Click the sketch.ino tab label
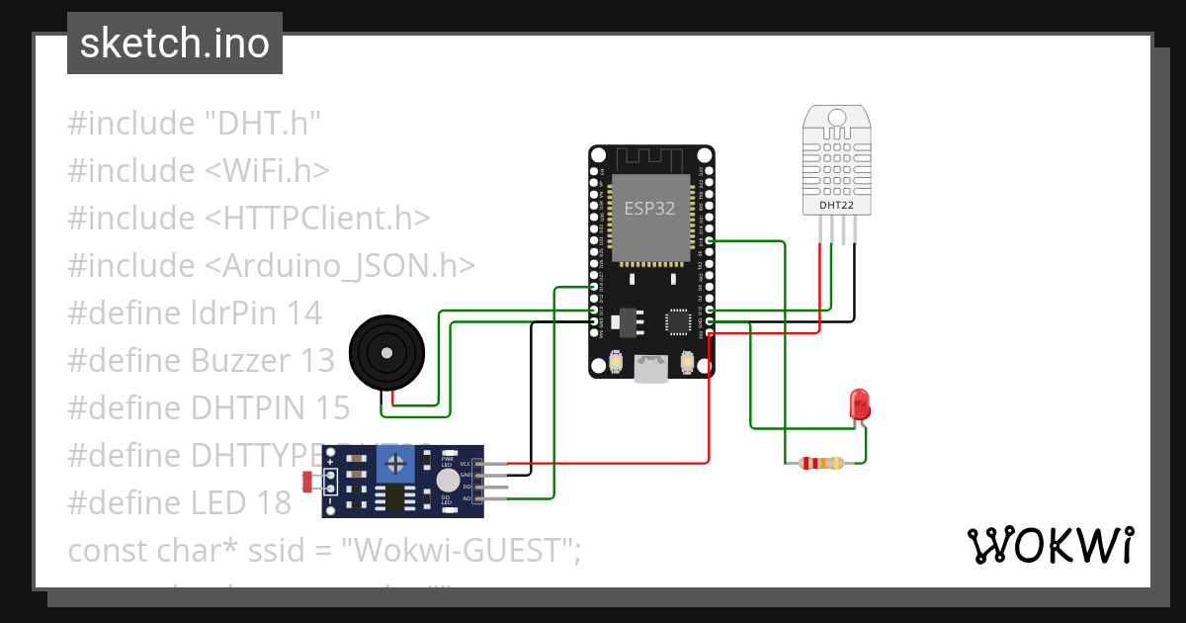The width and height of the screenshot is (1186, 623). point(174,44)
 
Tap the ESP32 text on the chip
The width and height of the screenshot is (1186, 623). point(650,208)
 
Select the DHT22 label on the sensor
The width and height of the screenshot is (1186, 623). point(837,206)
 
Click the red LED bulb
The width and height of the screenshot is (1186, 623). point(860,402)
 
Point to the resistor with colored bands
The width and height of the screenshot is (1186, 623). point(821,463)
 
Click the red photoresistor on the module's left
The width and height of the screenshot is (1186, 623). point(307,482)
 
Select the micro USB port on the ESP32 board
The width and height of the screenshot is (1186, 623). point(650,369)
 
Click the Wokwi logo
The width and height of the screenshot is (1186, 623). point(1050,545)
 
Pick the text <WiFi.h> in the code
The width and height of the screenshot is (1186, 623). point(267,171)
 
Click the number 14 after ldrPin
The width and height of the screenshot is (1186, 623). point(303,313)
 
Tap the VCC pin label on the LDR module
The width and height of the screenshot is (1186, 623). point(465,463)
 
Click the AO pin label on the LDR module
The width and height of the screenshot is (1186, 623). point(466,498)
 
